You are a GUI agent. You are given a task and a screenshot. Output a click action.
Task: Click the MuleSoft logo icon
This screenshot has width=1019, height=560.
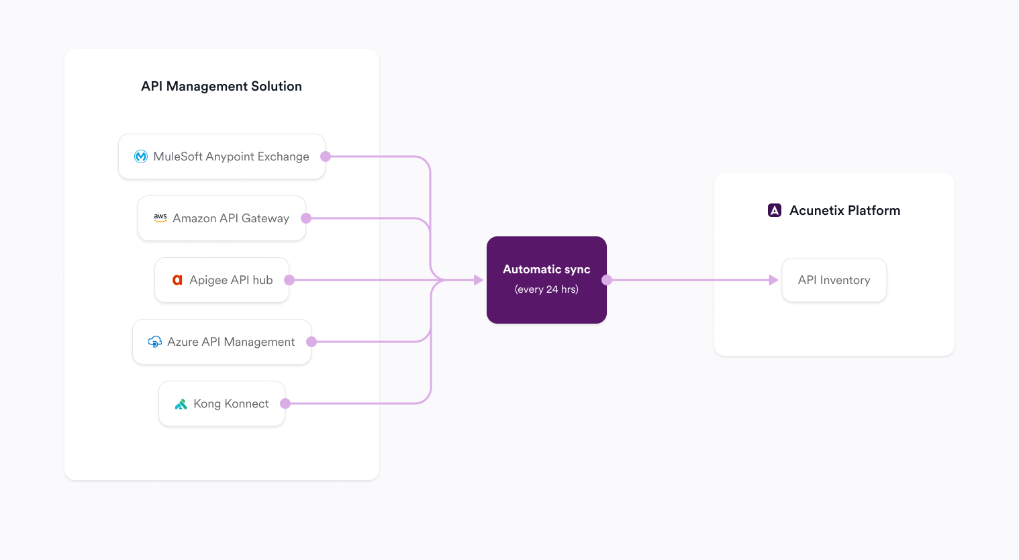(141, 156)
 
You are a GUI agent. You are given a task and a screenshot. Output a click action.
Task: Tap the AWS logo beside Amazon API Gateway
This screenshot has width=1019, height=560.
(160, 218)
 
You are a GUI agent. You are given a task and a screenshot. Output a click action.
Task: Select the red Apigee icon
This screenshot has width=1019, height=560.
(177, 280)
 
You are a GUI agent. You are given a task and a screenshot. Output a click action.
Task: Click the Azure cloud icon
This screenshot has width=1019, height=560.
(154, 342)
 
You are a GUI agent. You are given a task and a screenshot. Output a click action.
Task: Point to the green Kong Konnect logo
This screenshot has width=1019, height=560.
(181, 404)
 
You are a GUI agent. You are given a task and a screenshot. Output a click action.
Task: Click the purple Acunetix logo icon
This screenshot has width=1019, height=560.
(774, 210)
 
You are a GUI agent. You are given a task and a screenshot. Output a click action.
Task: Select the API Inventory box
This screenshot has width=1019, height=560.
(834, 280)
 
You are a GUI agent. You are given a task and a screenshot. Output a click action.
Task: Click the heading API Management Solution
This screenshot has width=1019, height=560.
(221, 86)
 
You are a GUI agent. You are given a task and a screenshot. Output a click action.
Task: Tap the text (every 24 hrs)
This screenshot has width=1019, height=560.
(546, 289)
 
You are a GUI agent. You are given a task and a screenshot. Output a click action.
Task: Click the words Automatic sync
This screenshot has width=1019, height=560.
(546, 269)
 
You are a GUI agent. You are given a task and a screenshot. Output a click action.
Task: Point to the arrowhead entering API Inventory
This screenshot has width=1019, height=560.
(773, 280)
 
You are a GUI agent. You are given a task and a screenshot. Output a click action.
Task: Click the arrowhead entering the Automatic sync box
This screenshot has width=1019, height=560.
(478, 280)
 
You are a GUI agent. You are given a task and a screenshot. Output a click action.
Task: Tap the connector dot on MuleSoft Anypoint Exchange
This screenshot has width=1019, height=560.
(326, 156)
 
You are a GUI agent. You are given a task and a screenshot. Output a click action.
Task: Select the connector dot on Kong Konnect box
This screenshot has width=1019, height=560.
(285, 404)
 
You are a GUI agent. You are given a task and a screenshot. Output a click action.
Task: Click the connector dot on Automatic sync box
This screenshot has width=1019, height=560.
(606, 280)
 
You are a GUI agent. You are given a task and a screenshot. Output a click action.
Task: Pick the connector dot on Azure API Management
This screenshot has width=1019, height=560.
(311, 342)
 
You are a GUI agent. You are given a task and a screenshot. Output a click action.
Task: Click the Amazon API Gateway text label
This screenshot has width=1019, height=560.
(231, 218)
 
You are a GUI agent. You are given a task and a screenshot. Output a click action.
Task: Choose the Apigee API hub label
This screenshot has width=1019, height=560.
(231, 280)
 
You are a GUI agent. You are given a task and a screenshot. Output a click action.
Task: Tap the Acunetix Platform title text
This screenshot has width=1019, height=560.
(844, 210)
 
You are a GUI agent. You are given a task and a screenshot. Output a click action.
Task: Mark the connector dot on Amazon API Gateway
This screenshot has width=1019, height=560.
(306, 218)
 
